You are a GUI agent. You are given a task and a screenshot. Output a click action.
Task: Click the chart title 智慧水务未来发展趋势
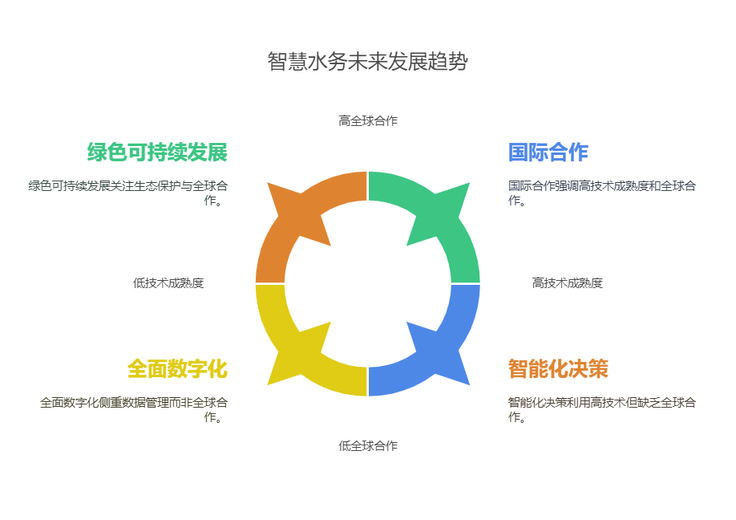pyautogui.click(x=367, y=62)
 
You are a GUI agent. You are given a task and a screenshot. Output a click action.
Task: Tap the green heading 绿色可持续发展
pyautogui.click(x=157, y=152)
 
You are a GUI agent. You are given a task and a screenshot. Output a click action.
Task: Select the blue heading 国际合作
pyautogui.click(x=548, y=152)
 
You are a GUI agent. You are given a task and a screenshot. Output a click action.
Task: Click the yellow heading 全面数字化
pyautogui.click(x=177, y=369)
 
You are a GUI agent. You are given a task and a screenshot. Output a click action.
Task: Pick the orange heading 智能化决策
pyautogui.click(x=558, y=369)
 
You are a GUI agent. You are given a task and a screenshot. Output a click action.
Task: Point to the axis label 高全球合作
pyautogui.click(x=368, y=120)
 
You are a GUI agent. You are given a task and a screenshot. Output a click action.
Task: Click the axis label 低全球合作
pyautogui.click(x=368, y=446)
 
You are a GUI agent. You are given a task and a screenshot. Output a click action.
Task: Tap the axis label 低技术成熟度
pyautogui.click(x=168, y=282)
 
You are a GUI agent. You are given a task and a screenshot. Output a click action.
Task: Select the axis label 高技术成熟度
pyautogui.click(x=567, y=282)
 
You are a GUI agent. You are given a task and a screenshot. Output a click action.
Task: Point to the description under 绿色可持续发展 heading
pyautogui.click(x=128, y=193)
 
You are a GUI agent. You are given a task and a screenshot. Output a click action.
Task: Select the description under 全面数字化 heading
pyautogui.click(x=134, y=409)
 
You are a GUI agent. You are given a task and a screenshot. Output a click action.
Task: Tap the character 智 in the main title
pyautogui.click(x=277, y=62)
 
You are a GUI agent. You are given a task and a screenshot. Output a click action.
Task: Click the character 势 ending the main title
pyautogui.click(x=458, y=62)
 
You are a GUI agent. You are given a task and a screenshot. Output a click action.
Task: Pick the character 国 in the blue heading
pyautogui.click(x=518, y=152)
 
